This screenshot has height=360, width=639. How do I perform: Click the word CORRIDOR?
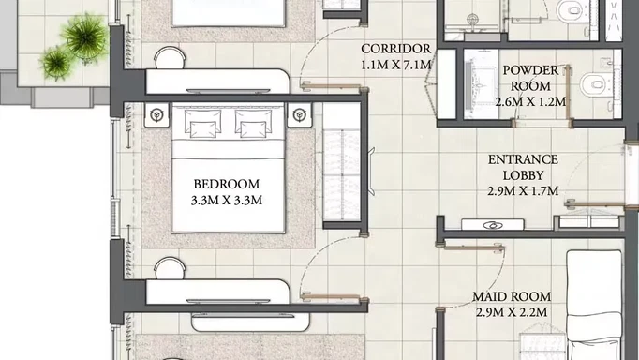point(395,49)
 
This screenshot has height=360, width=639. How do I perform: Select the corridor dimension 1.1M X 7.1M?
point(395,65)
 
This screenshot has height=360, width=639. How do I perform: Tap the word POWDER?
point(530,70)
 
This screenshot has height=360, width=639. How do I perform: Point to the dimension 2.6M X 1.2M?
point(530,101)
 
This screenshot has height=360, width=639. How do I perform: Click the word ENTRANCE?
point(523,159)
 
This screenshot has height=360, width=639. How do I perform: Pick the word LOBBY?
point(523,175)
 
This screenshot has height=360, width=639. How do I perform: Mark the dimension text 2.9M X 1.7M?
point(523,191)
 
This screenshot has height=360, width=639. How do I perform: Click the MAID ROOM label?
point(512,296)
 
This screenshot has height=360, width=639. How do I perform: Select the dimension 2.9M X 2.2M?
point(512,312)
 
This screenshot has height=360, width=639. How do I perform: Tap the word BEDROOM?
point(227,184)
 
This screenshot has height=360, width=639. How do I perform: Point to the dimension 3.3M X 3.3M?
point(227,201)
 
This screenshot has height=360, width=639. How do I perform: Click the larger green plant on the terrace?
point(85,37)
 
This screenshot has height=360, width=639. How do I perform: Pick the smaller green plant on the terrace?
point(56,63)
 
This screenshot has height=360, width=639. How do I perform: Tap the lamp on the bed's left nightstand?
point(156,114)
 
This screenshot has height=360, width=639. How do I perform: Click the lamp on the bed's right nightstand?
point(300,114)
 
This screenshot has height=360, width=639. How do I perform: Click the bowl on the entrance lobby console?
point(492,225)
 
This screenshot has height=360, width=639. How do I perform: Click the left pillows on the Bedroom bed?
point(202,123)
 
